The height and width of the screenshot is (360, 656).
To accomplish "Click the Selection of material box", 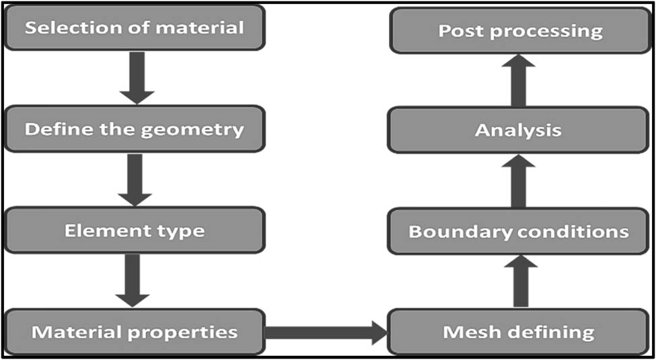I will click(135, 28).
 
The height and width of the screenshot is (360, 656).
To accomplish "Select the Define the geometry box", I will click(135, 129).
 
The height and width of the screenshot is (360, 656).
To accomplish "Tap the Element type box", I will click(135, 230).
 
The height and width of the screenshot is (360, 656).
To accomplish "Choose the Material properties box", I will click(135, 332).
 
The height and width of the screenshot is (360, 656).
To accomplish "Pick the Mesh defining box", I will click(519, 332).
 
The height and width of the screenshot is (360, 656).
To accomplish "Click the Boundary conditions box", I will click(519, 231).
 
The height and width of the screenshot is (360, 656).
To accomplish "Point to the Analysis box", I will click(519, 130).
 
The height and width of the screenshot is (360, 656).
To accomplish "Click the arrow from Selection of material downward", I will click(137, 77).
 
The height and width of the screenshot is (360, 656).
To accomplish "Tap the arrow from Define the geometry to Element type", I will click(135, 178).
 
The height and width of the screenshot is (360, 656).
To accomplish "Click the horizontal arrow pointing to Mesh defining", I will click(326, 332).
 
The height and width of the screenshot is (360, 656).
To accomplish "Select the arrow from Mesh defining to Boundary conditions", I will click(520, 281).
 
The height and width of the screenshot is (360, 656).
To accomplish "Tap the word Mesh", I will click(466, 332).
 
